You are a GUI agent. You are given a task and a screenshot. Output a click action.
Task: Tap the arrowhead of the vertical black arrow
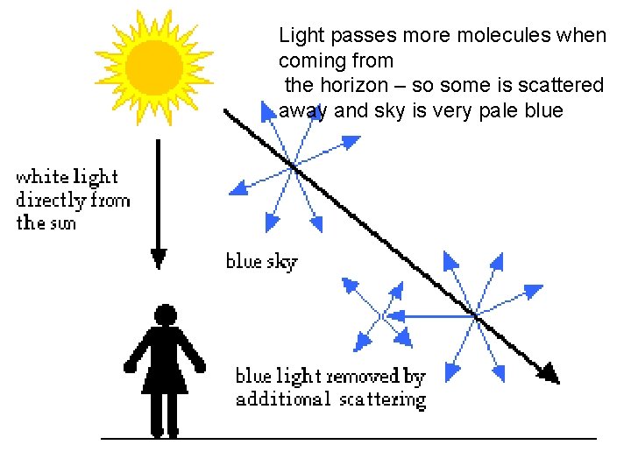[x=159, y=258]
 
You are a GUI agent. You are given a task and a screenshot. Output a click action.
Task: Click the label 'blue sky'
[x=261, y=261]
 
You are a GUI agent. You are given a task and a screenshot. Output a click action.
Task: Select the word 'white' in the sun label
[x=42, y=177]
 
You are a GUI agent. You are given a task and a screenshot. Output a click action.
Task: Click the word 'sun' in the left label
[x=59, y=223]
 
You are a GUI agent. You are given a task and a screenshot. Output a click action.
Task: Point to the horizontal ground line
[x=351, y=437]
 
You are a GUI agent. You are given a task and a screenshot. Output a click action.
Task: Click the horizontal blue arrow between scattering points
[x=429, y=314]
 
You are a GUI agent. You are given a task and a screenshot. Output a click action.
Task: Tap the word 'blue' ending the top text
[x=544, y=110]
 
